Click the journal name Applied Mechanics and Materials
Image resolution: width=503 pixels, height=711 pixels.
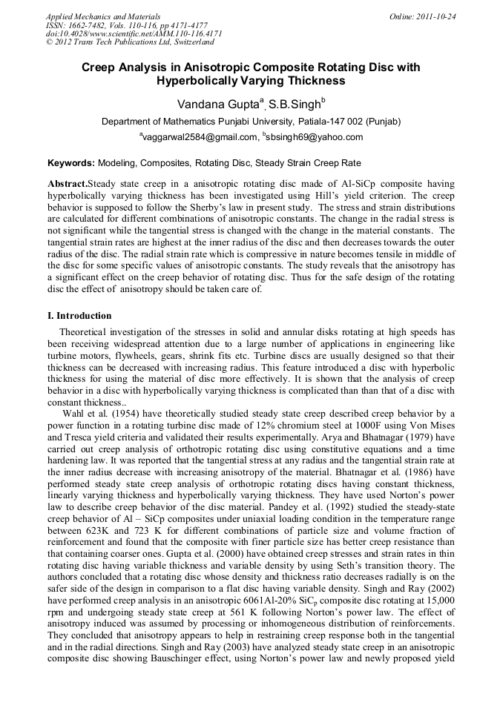click(103, 16)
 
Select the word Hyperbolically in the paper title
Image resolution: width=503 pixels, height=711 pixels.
click(200, 81)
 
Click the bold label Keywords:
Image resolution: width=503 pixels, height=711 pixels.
click(71, 162)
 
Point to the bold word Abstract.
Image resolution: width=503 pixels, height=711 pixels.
click(68, 183)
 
